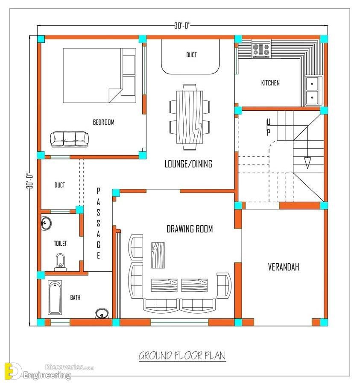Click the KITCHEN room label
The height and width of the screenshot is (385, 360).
tap(270, 83)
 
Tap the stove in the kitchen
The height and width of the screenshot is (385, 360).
tap(261, 49)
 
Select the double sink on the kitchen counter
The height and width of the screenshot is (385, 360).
tap(312, 91)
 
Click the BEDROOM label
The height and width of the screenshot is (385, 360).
tap(103, 122)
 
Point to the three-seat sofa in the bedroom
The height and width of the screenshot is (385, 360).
tap(69, 139)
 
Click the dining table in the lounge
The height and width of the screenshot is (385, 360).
tap(190, 117)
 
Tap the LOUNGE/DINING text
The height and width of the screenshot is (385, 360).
tap(188, 164)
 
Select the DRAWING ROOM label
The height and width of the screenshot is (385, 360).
tap(190, 229)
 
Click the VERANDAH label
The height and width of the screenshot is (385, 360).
tap(284, 267)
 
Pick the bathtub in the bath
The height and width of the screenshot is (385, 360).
tap(55, 297)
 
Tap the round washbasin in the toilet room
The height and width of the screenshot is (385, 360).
tap(46, 223)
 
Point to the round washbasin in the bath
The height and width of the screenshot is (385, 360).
tap(102, 314)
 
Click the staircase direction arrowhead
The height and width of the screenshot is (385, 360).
tap(307, 162)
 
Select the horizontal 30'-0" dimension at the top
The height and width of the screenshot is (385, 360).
tap(182, 26)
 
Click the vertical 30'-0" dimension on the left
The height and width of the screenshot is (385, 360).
tap(30, 180)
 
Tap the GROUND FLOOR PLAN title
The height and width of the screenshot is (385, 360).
tap(182, 356)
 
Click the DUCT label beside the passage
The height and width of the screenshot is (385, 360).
tap(60, 185)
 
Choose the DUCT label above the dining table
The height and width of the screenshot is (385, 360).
tap(191, 55)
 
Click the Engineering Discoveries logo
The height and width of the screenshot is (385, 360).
tap(49, 371)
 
